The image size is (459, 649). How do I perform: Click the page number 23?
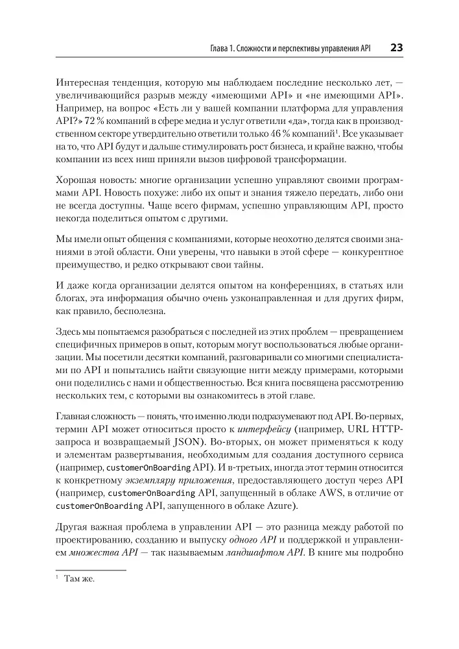coord(396,48)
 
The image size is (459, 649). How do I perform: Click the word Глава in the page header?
coord(213,49)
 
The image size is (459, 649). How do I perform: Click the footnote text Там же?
coord(79,580)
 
